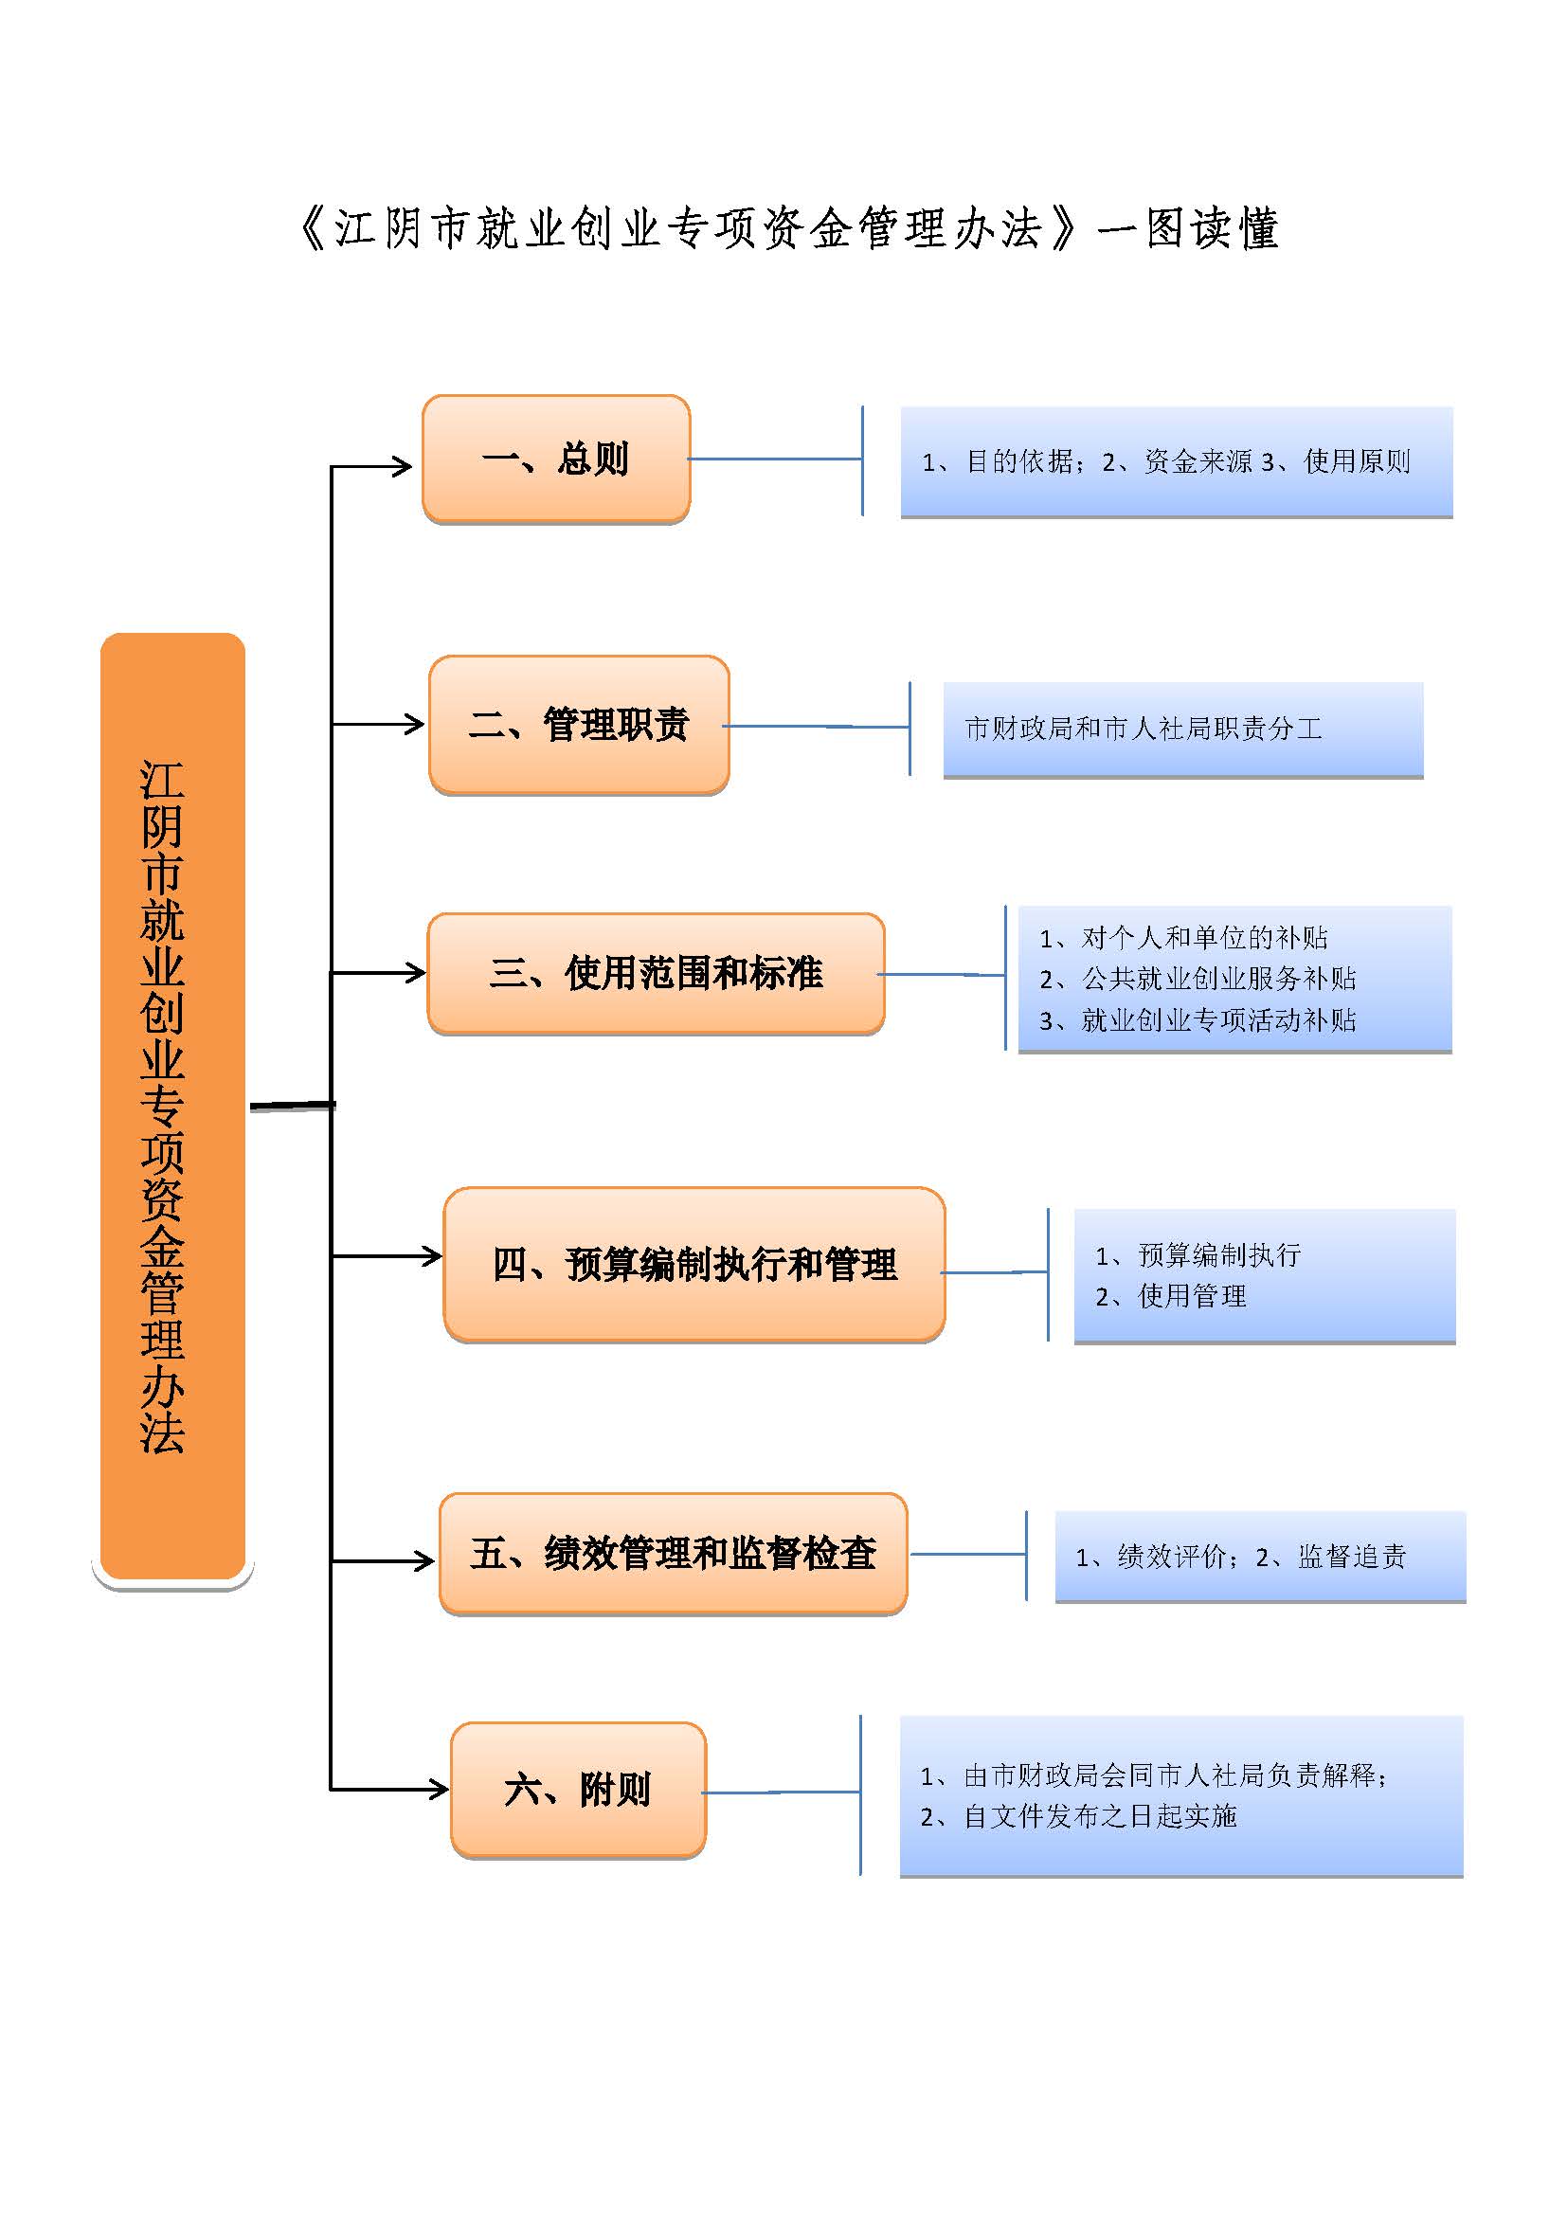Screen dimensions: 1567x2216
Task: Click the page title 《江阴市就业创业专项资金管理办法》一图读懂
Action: [x=788, y=228]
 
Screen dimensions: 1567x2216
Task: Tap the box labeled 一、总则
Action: [x=556, y=459]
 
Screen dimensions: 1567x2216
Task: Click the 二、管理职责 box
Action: [x=579, y=725]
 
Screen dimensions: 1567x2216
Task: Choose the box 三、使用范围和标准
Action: [x=657, y=973]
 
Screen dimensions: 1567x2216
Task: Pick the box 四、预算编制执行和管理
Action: [x=694, y=1265]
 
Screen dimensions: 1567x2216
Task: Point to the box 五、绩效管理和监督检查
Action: [x=674, y=1554]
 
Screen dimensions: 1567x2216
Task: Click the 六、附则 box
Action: [x=579, y=1790]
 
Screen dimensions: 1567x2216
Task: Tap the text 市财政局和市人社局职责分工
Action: [x=1144, y=729]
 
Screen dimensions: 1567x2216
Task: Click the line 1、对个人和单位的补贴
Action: [x=1184, y=937]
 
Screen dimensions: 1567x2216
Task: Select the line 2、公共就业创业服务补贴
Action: [x=1198, y=979]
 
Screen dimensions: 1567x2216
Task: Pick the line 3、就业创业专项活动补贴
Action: [x=1198, y=1020]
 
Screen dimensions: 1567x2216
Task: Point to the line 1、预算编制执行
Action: [x=1198, y=1254]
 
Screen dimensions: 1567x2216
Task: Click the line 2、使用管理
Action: [x=1171, y=1296]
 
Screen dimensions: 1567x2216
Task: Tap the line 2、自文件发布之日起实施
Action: [x=1079, y=1816]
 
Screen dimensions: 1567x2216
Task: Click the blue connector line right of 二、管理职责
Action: [x=817, y=727]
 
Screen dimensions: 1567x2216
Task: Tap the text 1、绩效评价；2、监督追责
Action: [x=1241, y=1557]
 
